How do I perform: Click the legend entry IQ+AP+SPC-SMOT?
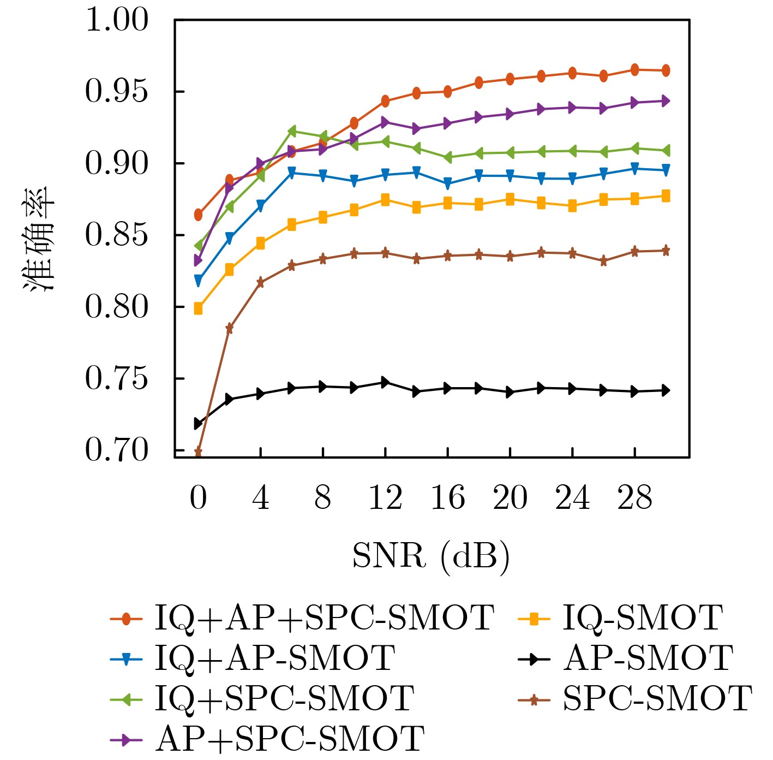324,619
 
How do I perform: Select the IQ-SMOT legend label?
643,619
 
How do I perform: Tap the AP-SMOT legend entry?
648,658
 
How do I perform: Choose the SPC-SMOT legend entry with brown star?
657,699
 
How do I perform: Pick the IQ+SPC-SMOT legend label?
284,699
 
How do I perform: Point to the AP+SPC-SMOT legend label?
290,739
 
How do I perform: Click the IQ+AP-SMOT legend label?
274,658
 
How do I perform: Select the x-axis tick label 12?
385,498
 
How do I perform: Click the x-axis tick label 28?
634,498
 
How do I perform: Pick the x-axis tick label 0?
198,498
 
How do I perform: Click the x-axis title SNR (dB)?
430,557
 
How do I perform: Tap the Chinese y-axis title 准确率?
39,238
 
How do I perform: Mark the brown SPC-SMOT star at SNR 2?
229,328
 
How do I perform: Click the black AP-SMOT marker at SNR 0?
198,423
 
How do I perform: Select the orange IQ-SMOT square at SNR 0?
198,309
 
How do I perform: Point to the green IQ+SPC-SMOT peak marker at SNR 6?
291,132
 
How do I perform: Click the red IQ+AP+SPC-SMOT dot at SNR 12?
385,100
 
